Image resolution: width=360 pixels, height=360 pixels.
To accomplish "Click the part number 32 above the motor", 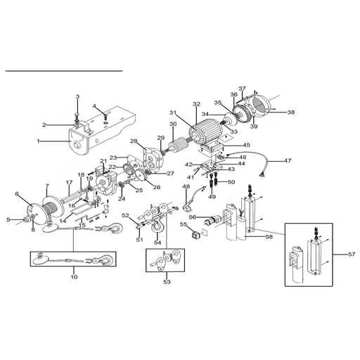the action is [x=197, y=103].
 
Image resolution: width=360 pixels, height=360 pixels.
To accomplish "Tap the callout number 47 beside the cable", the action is [x=288, y=160].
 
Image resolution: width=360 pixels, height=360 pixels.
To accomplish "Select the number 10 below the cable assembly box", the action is [x=74, y=277].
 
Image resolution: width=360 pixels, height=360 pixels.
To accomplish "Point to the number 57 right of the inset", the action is [x=352, y=254].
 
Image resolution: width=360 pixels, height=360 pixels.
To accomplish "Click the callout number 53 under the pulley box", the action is [x=167, y=282].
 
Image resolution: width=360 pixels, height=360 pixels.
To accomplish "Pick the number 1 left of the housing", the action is [x=38, y=141].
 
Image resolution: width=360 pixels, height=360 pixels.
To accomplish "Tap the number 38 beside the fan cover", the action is [x=291, y=112].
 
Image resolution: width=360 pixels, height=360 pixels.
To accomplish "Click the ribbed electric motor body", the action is [x=206, y=131].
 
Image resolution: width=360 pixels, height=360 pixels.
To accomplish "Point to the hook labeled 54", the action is [x=158, y=224].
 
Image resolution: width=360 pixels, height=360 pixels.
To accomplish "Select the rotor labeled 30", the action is [x=178, y=146].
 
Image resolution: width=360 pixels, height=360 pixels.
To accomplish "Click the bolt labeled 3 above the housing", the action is [x=77, y=116].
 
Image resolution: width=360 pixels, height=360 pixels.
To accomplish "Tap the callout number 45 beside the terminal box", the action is [x=246, y=145].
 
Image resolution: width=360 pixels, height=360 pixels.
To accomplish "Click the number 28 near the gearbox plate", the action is [x=134, y=141].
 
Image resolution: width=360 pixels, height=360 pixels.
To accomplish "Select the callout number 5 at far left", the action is [x=8, y=219].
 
